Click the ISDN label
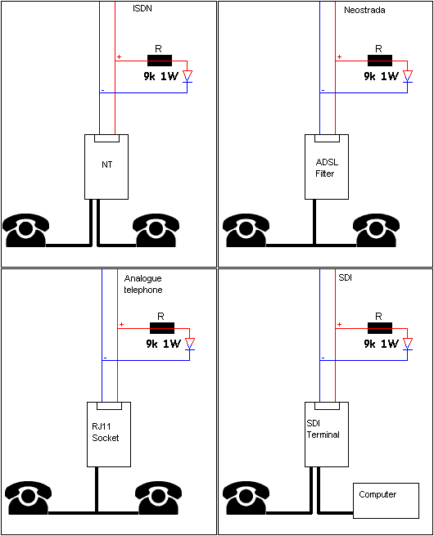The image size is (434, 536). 142,8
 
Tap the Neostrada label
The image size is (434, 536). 364,11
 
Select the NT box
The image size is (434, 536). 106,167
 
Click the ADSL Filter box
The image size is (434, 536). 327,167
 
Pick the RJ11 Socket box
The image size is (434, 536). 109,435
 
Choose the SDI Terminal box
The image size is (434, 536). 327,435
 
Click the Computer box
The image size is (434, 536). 387,501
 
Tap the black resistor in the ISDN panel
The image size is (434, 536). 160,61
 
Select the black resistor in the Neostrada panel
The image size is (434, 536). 380,61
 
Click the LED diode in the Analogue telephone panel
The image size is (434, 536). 190,344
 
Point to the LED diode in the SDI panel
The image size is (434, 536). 408,344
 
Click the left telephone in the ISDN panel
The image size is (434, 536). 25,231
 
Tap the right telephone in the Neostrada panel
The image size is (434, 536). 376,231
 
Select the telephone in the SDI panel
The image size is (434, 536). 246,498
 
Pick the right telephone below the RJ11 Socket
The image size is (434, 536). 158,498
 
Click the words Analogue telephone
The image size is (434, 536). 143,284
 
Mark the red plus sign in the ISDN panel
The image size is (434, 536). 119,56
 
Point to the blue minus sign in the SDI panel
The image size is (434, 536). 323,358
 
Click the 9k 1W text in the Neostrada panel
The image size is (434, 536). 381,76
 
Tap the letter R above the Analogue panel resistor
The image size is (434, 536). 160,317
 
